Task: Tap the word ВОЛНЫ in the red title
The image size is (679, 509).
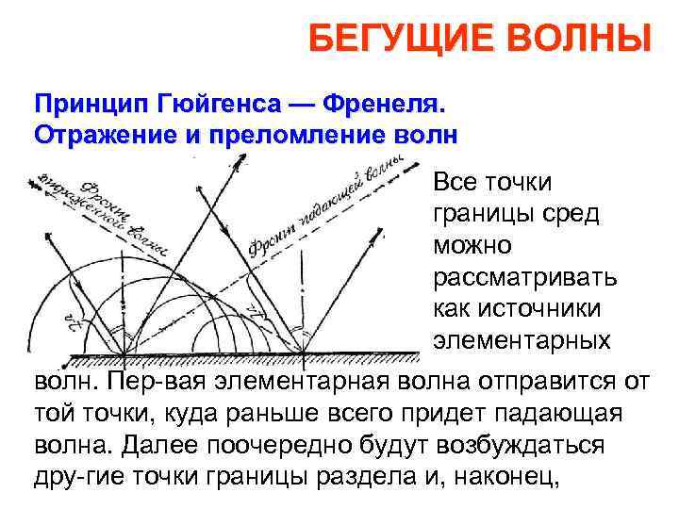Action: coord(577,41)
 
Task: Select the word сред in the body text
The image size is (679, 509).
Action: coord(567,213)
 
